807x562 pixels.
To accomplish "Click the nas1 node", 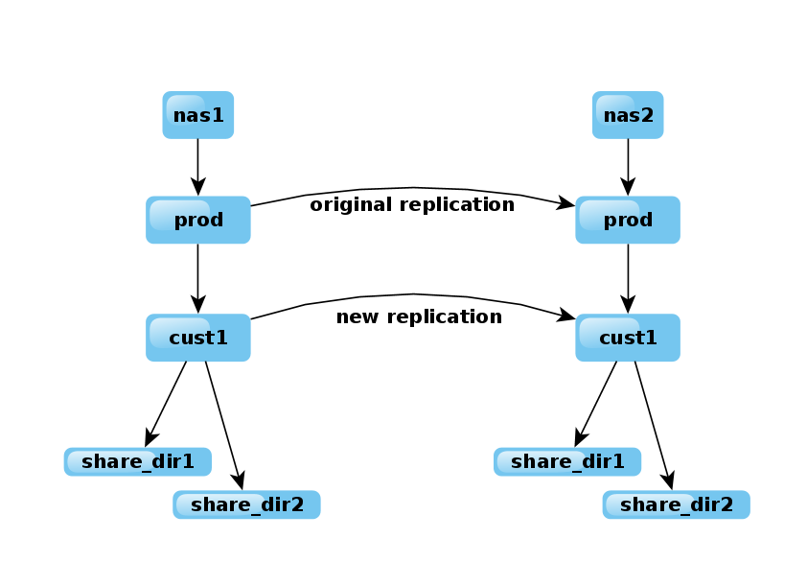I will point(198,116).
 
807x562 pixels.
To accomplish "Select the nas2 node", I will point(628,116).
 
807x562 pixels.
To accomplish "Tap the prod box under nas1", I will point(198,221).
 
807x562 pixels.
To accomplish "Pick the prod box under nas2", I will point(628,221).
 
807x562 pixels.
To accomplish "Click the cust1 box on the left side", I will point(198,338).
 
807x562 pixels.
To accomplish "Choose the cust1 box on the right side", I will point(628,338).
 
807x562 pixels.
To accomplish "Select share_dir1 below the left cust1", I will point(138,461).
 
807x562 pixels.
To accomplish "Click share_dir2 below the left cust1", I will point(246,504).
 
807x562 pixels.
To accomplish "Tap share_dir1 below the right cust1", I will point(567,461).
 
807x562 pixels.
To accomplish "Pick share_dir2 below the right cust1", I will point(676,504).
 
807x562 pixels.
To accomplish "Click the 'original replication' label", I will point(412,204).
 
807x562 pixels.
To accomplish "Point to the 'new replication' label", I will point(419,316).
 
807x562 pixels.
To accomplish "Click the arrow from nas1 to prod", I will point(198,167).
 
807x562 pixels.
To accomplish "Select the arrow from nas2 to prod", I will point(628,167).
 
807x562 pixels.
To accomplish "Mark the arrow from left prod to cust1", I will point(198,278).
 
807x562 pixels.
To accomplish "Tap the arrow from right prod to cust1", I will point(628,278).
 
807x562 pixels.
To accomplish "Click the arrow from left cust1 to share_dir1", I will point(166,403).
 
